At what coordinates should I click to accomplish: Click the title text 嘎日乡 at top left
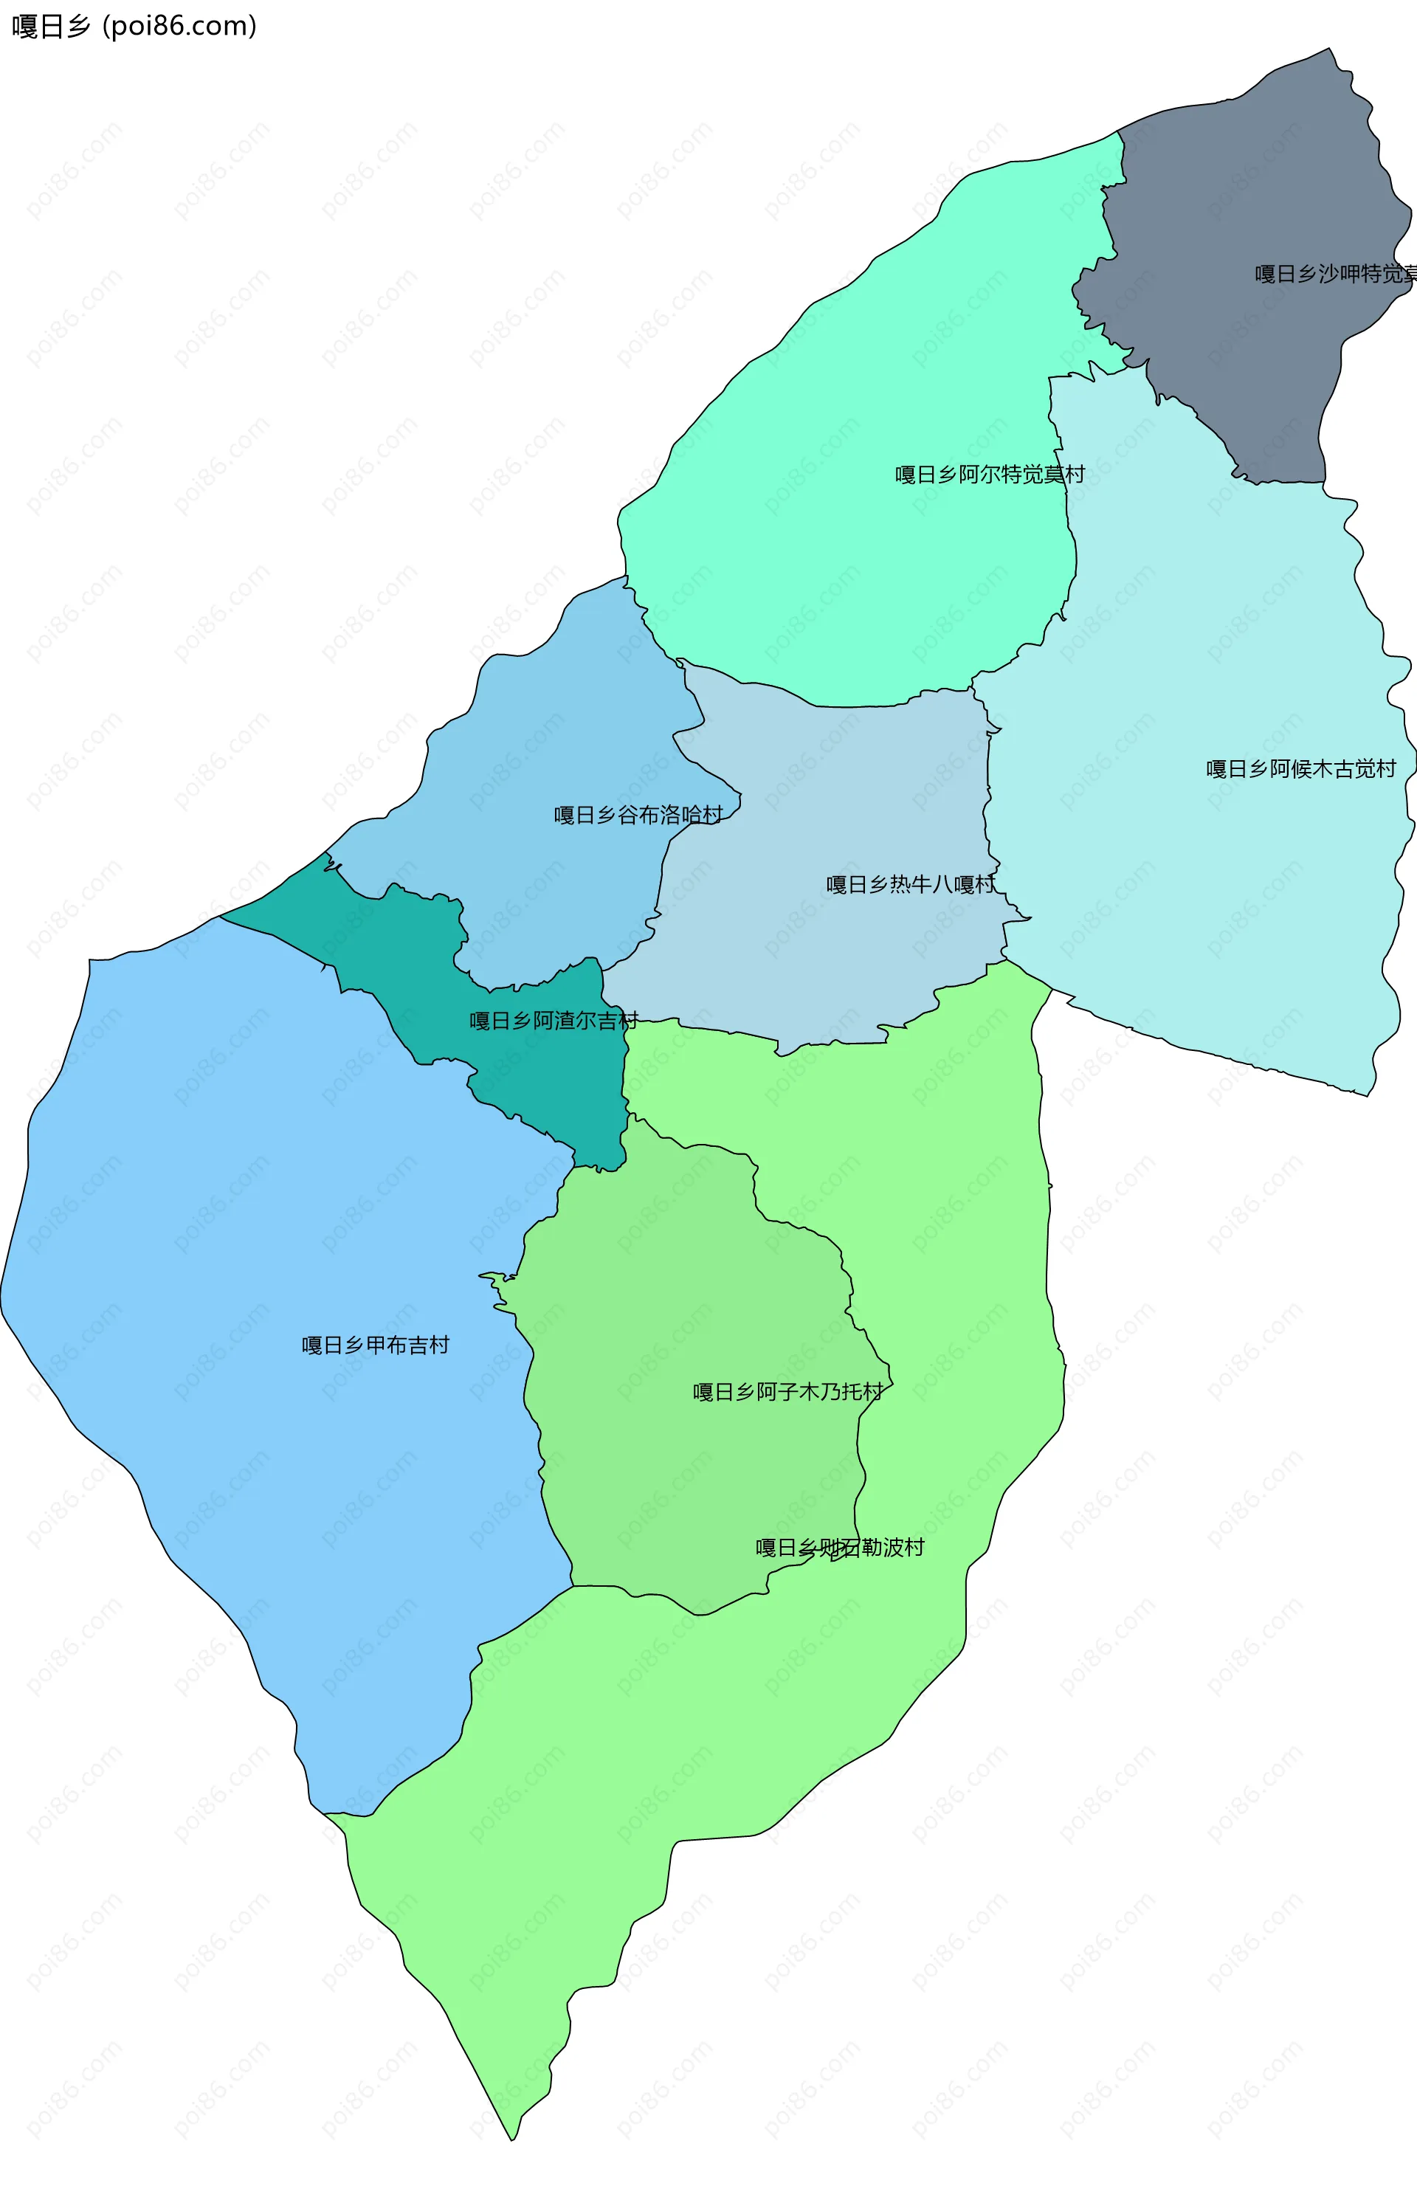51,27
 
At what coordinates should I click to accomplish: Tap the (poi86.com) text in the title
179,27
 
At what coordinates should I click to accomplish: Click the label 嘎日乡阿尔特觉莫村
990,475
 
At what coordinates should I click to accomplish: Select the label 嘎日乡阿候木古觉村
1300,769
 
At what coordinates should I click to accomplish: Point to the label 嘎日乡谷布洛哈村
638,815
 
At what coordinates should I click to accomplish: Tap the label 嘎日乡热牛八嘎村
910,885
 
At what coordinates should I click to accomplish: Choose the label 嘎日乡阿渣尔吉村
554,1021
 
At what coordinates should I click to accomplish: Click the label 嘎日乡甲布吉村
375,1345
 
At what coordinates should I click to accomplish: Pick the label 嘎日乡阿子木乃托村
788,1393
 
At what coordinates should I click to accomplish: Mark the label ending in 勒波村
840,1548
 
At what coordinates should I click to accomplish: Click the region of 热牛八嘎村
827,966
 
